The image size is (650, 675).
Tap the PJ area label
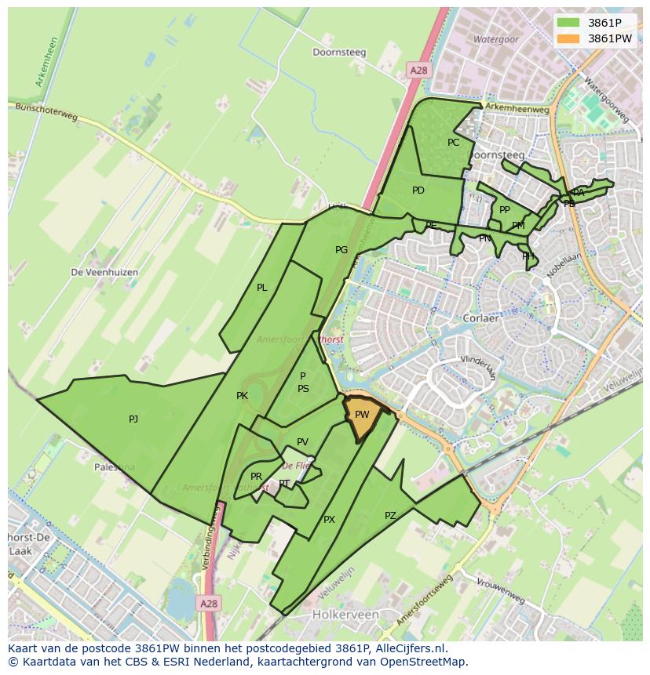(x=133, y=419)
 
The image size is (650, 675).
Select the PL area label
(x=262, y=288)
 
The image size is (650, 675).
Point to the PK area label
(x=242, y=396)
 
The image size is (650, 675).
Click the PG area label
(x=341, y=250)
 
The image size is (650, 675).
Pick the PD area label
(x=418, y=191)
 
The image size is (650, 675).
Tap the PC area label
(x=453, y=143)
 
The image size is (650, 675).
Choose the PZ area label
(x=390, y=515)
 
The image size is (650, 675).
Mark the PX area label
(x=329, y=520)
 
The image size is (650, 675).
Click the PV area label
(x=302, y=442)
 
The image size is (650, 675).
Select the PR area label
(x=256, y=477)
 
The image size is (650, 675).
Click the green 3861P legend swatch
(x=568, y=23)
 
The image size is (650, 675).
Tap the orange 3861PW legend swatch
(x=568, y=38)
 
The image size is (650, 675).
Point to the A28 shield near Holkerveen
(x=208, y=604)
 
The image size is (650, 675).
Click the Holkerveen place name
(x=345, y=615)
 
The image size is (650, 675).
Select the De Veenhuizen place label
(x=104, y=272)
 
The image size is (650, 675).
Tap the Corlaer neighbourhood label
(x=481, y=320)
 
